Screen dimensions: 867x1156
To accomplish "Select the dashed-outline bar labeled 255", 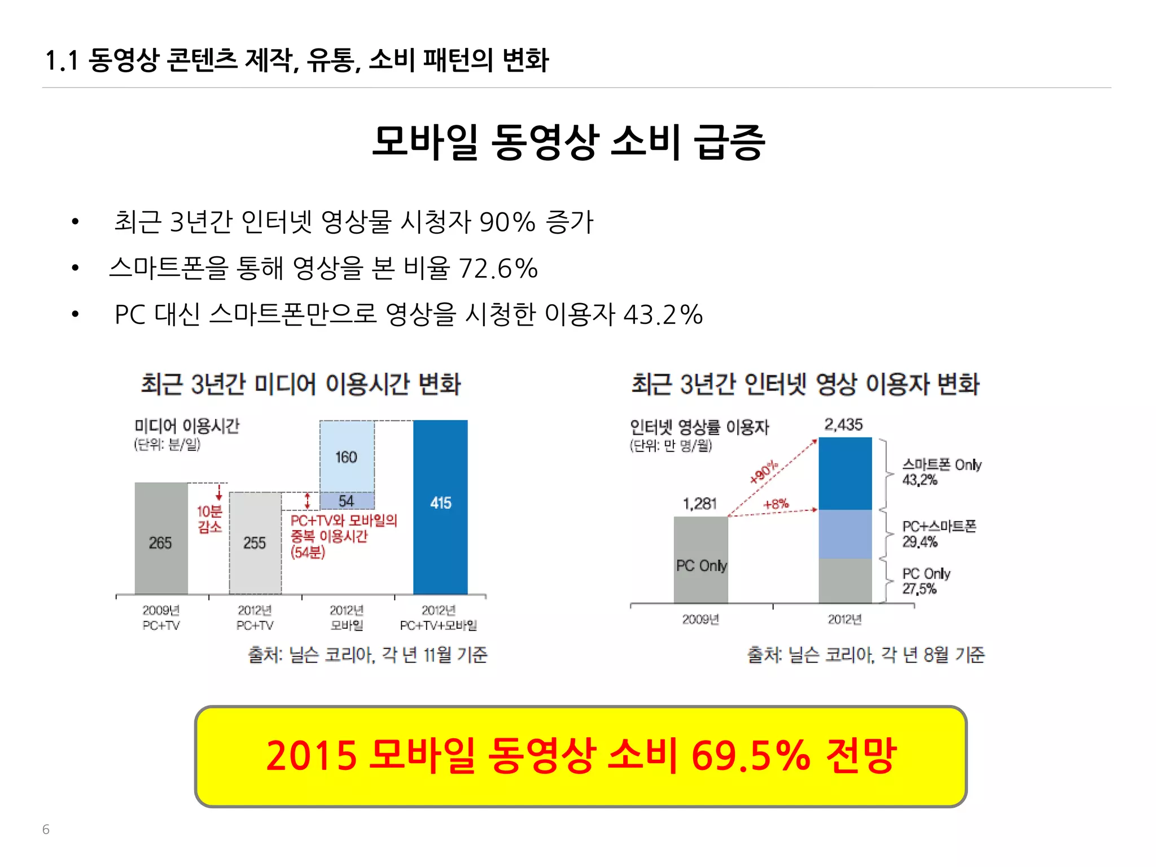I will pos(255,543).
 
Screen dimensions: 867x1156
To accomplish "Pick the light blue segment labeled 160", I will pos(347,457).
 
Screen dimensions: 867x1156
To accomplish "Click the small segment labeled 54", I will pos(347,501).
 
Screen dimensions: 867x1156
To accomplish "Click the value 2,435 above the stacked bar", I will pos(843,424).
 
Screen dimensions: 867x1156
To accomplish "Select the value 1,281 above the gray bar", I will pos(700,503).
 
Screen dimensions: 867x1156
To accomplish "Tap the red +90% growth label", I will pos(764,472).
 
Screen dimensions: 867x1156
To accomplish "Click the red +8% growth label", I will pos(776,503).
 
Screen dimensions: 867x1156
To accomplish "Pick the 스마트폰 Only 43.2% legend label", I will pos(941,472).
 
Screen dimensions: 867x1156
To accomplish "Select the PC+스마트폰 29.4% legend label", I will pos(939,534).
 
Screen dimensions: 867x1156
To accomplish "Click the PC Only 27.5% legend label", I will pos(926,581).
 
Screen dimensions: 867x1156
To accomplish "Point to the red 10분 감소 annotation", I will pos(209,519).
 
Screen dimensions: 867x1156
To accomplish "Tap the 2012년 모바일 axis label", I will pos(347,618).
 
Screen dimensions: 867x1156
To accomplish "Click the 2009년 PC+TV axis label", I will pos(161,618).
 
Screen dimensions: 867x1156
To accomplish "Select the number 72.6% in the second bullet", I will pos(498,268).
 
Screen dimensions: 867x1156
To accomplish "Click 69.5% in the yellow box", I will pos(751,755).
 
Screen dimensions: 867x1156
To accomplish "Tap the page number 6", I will pos(46,829).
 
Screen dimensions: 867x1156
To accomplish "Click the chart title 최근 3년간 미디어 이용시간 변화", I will pos(300,384).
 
